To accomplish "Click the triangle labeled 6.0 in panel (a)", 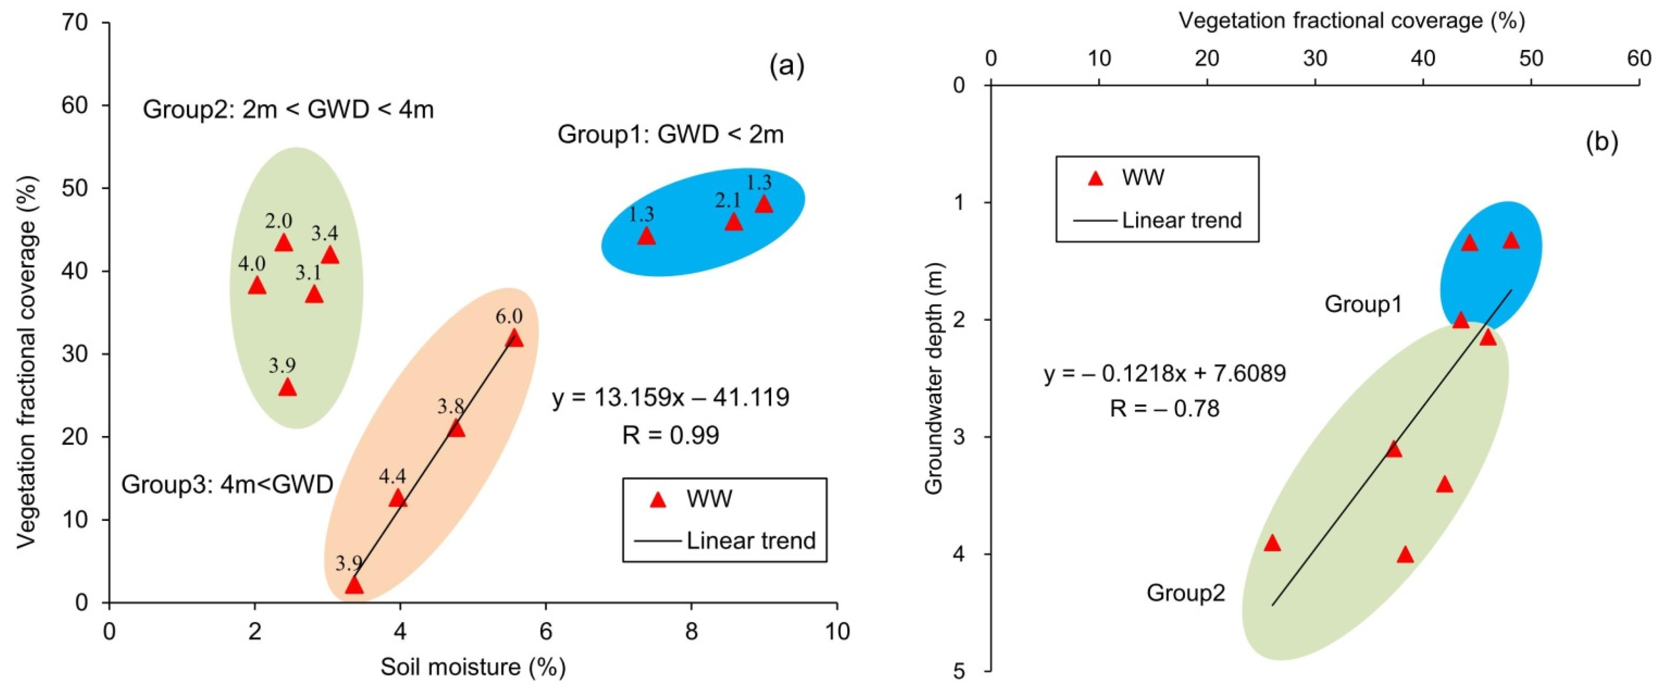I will point(514,338).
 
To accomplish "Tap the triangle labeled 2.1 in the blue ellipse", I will point(733,222).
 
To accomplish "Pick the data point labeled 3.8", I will point(456,428).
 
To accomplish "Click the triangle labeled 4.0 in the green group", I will point(257,285).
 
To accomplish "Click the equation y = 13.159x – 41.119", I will point(670,398).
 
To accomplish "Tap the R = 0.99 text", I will point(670,436).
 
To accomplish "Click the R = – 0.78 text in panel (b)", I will point(1165,408).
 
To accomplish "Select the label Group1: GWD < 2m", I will point(670,135).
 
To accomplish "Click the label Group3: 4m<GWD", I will point(227,484).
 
